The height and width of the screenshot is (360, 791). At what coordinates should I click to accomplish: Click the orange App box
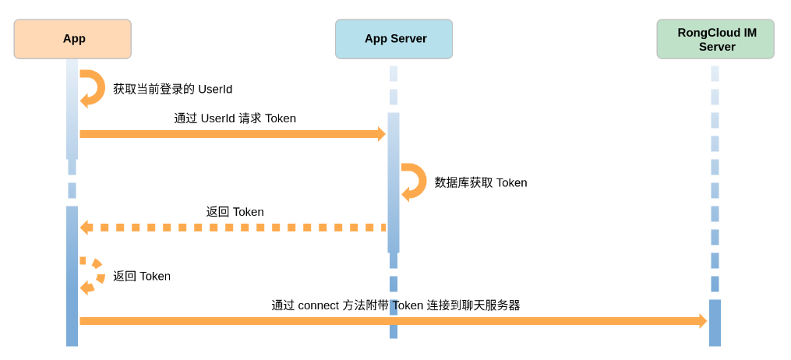click(x=72, y=39)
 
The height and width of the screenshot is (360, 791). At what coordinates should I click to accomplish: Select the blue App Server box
click(x=394, y=39)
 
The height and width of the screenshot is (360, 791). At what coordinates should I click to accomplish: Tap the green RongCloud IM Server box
click(x=715, y=39)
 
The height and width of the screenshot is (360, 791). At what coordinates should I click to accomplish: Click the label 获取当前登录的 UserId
click(x=172, y=89)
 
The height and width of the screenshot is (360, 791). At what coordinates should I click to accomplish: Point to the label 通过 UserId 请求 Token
click(x=235, y=118)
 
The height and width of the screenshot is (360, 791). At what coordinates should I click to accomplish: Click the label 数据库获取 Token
click(x=480, y=182)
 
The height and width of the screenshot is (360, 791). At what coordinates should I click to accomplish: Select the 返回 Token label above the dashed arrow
click(x=235, y=212)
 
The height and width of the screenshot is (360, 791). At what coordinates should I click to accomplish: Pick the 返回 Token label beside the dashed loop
click(x=141, y=276)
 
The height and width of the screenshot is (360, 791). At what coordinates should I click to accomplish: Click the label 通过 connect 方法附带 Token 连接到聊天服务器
click(x=395, y=305)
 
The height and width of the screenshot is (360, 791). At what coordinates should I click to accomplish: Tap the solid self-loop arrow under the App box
click(x=94, y=88)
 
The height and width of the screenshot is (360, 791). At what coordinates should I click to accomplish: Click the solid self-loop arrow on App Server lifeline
click(x=415, y=182)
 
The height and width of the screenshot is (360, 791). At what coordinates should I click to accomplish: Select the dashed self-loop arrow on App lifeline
click(x=94, y=277)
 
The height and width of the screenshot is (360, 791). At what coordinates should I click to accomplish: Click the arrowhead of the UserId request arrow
click(x=381, y=134)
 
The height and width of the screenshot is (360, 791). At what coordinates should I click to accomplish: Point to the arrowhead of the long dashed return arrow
click(x=84, y=228)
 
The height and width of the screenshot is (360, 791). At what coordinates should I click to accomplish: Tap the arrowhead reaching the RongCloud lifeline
click(x=702, y=321)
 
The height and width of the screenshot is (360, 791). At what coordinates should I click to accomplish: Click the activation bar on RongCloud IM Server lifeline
click(x=715, y=323)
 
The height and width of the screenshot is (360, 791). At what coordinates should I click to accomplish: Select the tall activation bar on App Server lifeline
click(x=394, y=182)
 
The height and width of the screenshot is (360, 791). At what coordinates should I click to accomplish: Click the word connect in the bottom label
click(x=320, y=305)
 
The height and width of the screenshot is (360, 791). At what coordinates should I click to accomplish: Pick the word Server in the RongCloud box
click(x=717, y=47)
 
